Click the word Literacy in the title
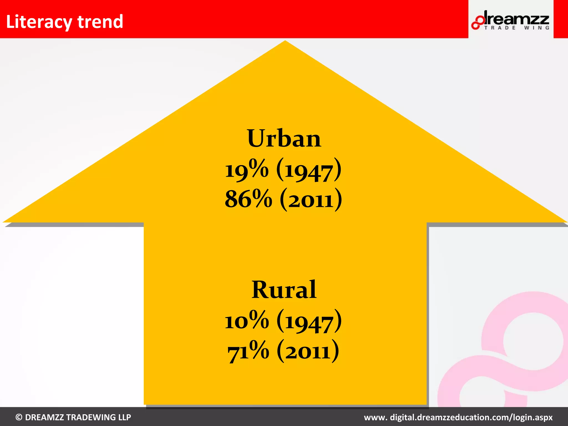pos(39,22)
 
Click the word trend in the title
pos(100,22)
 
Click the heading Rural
pos(284,290)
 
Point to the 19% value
pos(247,170)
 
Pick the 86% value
pos(248,199)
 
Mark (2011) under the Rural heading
pos(308,351)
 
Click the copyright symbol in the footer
pos(19,417)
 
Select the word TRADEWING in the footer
pos(91,417)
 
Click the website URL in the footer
pos(458,417)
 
